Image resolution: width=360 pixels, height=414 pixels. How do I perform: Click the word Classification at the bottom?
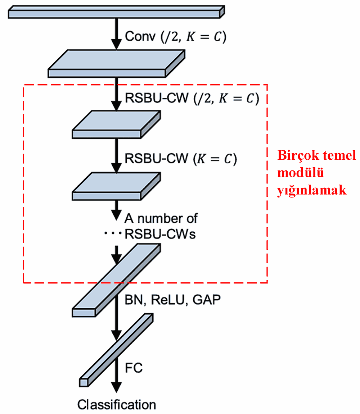[117, 404]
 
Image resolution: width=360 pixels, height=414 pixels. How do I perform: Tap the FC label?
[134, 368]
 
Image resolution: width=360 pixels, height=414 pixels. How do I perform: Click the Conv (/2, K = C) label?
[175, 37]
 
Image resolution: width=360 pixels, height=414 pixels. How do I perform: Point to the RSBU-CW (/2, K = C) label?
[192, 98]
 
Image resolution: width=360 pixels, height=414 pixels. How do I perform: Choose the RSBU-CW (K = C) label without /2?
[181, 159]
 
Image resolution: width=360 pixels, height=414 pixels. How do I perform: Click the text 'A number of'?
[161, 218]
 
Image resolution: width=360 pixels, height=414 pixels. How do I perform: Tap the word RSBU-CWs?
[160, 234]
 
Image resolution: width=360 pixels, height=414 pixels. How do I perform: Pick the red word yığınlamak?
[312, 191]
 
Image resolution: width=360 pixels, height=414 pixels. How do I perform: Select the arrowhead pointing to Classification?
[116, 387]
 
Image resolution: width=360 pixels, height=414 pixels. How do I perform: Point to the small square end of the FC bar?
[84, 382]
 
